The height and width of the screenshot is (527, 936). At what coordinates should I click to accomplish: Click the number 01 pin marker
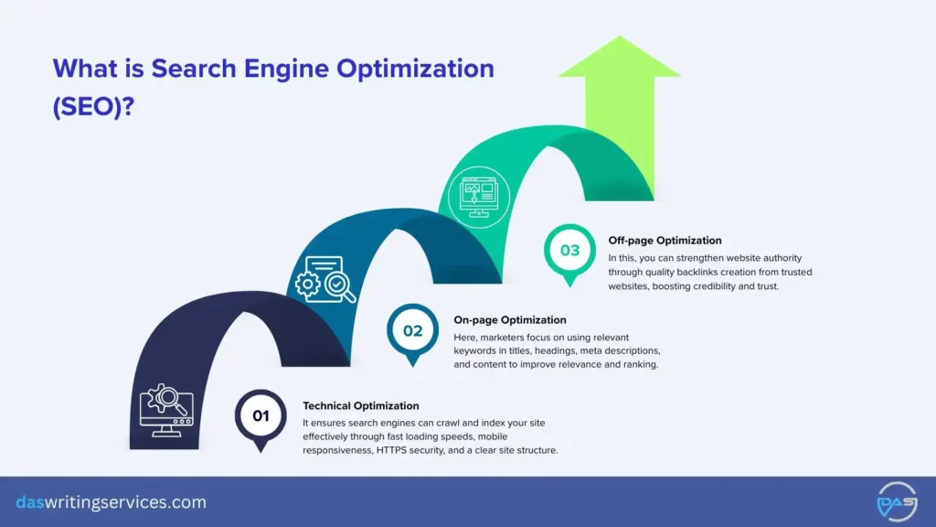click(x=261, y=416)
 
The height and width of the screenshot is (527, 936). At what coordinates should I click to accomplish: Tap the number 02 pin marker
click(x=413, y=330)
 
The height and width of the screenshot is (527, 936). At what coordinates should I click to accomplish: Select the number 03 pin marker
click(x=569, y=250)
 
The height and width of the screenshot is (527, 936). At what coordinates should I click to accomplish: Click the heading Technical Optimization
click(x=360, y=405)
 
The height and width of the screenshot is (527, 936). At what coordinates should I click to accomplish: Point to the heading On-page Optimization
click(x=510, y=320)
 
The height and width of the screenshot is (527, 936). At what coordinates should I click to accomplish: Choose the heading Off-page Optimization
click(x=665, y=241)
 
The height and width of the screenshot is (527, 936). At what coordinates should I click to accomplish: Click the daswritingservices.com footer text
click(x=112, y=502)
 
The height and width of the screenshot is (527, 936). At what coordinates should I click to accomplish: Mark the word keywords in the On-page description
click(x=476, y=351)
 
